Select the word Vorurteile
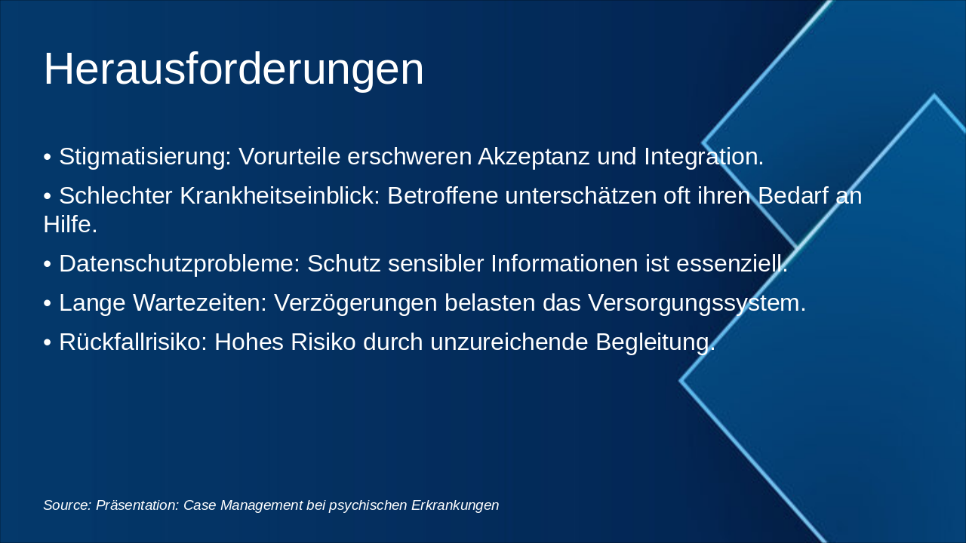pyautogui.click(x=289, y=156)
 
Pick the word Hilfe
pyautogui.click(x=70, y=225)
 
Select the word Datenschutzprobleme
pyautogui.click(x=180, y=264)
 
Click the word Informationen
pyautogui.click(x=564, y=263)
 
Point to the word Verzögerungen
pyautogui.click(x=355, y=304)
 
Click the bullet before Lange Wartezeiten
pyautogui.click(x=48, y=303)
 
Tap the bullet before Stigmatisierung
pyautogui.click(x=48, y=157)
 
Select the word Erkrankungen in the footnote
pyautogui.click(x=455, y=506)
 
